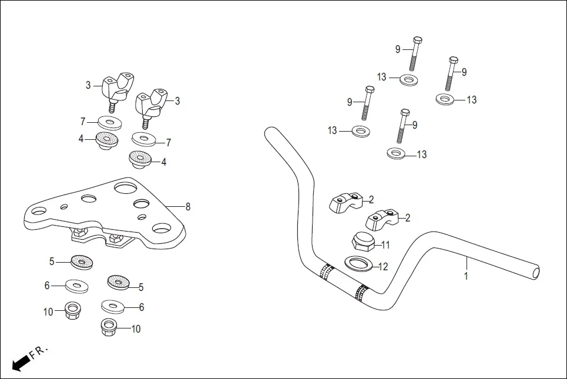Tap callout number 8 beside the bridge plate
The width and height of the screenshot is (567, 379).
(187, 207)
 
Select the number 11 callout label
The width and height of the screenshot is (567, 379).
(385, 244)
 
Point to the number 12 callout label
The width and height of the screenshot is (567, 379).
(383, 267)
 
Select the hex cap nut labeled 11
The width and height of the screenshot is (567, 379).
(362, 241)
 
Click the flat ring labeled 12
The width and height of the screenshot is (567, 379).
(359, 263)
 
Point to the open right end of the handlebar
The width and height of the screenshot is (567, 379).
(535, 272)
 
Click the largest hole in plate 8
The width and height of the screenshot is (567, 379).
(126, 188)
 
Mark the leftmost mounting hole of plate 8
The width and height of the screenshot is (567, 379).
(39, 210)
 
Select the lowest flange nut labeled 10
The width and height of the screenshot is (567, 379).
(109, 327)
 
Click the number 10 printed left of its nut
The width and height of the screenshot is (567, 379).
(48, 311)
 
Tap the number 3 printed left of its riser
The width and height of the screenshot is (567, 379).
(88, 85)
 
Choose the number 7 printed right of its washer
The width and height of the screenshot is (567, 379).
(168, 143)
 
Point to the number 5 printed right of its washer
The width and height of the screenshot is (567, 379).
(140, 287)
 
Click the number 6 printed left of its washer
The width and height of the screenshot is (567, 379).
(47, 286)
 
